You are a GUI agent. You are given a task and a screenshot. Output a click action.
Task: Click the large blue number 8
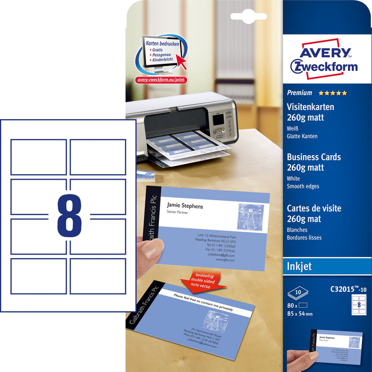69,215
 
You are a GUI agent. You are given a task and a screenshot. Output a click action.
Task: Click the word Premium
300,93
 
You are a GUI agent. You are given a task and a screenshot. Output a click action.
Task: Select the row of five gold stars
333,93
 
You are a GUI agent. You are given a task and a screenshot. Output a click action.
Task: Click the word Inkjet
299,267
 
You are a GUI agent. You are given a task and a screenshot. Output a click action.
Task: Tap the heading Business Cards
314,157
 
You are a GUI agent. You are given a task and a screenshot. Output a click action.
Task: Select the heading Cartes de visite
314,208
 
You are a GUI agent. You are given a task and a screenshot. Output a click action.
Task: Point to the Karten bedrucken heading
162,43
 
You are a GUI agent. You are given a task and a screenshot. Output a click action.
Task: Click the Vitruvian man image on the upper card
249,217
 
